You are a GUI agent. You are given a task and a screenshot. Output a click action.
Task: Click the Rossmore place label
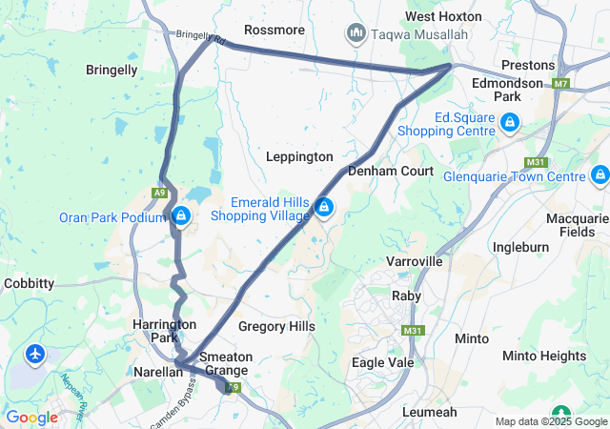[x=274, y=30]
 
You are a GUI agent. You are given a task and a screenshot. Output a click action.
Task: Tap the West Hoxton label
[x=443, y=16]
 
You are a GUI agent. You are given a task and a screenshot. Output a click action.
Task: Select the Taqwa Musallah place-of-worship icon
[x=357, y=34]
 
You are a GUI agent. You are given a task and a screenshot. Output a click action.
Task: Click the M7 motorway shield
[x=560, y=84]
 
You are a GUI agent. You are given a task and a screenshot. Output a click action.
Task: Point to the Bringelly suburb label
[x=112, y=70]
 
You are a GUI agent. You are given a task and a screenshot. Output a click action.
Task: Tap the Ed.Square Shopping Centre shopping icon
[x=511, y=122]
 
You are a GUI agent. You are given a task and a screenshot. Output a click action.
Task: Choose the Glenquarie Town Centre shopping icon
[x=600, y=175]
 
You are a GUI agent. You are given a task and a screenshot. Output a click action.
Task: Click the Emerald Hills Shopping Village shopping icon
[x=325, y=207]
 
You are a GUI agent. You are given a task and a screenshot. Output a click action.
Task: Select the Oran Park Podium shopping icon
[x=179, y=216]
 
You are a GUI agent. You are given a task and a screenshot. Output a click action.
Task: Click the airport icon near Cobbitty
[x=36, y=355]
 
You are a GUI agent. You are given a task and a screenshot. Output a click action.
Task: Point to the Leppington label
[x=299, y=156]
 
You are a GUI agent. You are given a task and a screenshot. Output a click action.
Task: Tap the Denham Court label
[x=391, y=171]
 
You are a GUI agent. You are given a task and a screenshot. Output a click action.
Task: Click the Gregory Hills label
[x=276, y=326]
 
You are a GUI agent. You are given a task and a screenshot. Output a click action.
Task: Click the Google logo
[x=31, y=417]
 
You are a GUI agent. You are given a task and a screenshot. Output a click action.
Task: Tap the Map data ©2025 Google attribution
[x=550, y=421]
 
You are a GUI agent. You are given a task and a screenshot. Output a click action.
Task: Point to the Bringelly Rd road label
[x=200, y=38]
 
